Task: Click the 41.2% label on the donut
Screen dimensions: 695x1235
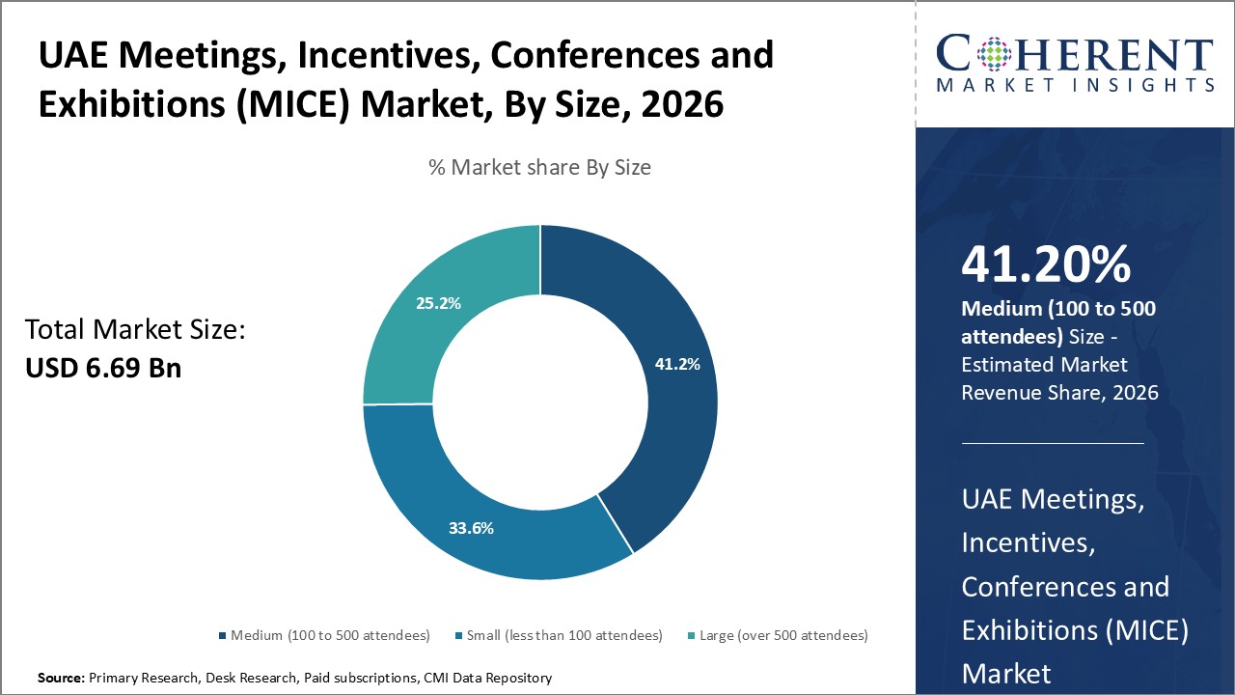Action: tap(677, 364)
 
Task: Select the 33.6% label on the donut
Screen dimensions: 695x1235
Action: tap(471, 528)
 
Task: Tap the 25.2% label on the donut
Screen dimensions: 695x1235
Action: tap(438, 303)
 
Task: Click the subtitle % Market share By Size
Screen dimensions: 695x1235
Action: tap(539, 167)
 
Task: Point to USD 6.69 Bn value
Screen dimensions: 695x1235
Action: tap(102, 367)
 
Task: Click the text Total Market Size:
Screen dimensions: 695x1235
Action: tap(135, 330)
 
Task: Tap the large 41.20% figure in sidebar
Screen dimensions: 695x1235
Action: tap(1046, 264)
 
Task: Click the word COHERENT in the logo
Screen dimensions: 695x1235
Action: tap(1075, 54)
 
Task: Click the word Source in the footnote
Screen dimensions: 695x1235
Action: tap(60, 679)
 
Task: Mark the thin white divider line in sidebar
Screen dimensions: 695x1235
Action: tap(1053, 443)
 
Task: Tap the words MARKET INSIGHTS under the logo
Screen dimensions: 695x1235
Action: tap(1075, 85)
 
